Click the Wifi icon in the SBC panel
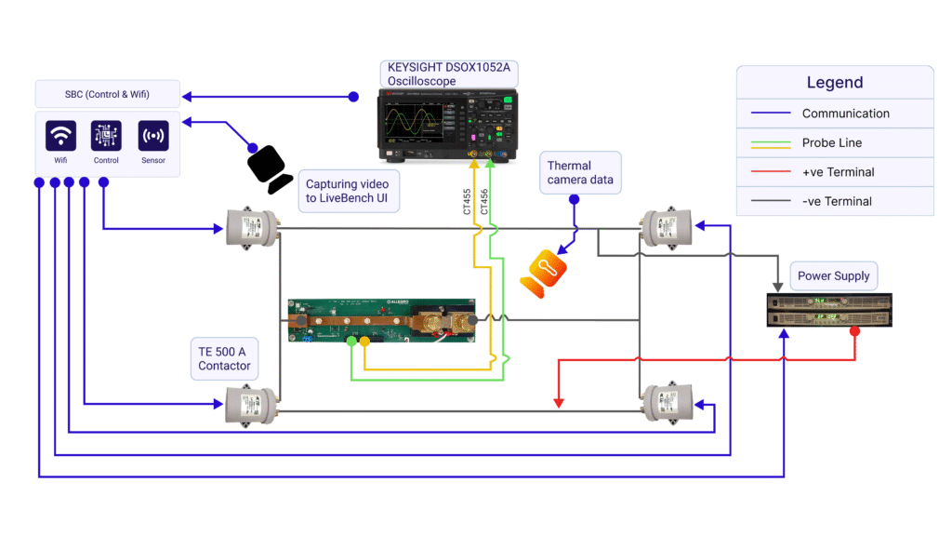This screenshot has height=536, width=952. click(60, 136)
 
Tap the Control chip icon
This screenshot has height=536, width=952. click(106, 136)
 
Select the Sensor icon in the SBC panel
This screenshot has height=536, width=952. click(152, 136)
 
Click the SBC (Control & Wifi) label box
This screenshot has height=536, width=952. click(107, 94)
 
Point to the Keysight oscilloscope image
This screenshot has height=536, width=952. click(446, 127)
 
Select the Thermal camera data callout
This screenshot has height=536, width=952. click(580, 172)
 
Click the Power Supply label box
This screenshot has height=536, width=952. click(833, 276)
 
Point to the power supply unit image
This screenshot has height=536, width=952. click(828, 310)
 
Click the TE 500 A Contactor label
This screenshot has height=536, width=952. click(224, 358)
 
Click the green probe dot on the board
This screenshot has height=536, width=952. click(350, 342)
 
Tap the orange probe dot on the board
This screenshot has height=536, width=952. click(364, 342)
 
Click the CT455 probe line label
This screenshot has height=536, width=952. click(468, 202)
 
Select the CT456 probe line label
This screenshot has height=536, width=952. click(483, 202)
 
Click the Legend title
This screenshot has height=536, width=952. click(834, 83)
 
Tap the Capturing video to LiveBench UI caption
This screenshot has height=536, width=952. click(347, 192)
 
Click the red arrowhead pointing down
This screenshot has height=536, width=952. click(559, 403)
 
